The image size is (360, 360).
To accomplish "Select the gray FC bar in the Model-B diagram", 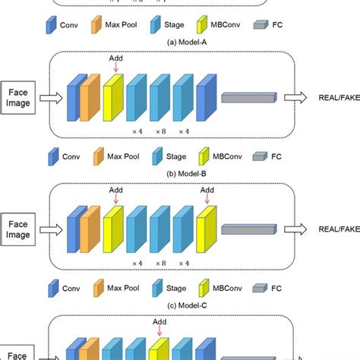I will (x=251, y=97).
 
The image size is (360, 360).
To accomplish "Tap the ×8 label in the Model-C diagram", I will (x=160, y=263).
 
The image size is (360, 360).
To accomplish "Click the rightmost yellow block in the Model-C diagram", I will (x=206, y=228).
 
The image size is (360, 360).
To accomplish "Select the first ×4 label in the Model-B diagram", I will (x=137, y=131).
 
